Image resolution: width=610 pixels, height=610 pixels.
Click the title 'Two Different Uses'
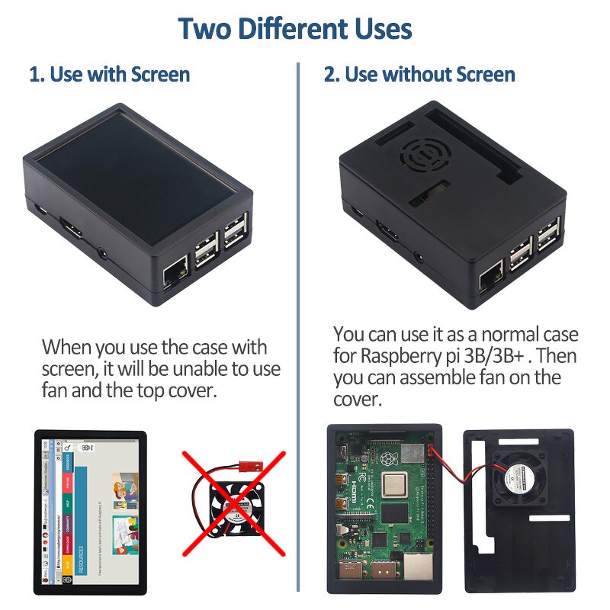(x=295, y=29)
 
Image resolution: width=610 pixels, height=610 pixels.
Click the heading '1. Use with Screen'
(x=109, y=75)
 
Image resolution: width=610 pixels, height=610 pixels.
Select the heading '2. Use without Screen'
(x=419, y=75)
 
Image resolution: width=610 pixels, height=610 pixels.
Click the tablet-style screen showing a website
(x=89, y=512)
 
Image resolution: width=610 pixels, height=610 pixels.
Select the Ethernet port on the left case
(x=176, y=270)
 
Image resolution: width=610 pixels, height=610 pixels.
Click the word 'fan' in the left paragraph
(x=57, y=391)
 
